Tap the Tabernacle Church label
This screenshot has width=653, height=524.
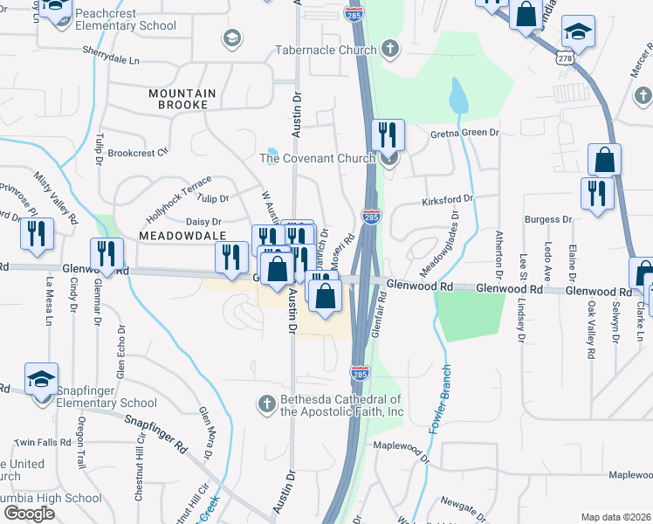(325, 50)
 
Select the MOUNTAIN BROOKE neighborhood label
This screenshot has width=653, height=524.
(178, 99)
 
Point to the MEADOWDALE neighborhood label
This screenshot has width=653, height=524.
(181, 236)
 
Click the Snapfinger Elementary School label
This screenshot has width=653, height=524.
(107, 396)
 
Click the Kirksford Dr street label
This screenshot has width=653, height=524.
(447, 200)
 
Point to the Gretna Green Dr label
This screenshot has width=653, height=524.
(464, 134)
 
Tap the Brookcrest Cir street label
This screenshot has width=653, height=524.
(140, 153)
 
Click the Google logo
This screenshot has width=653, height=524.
(29, 514)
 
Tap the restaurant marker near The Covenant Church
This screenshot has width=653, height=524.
(388, 135)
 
